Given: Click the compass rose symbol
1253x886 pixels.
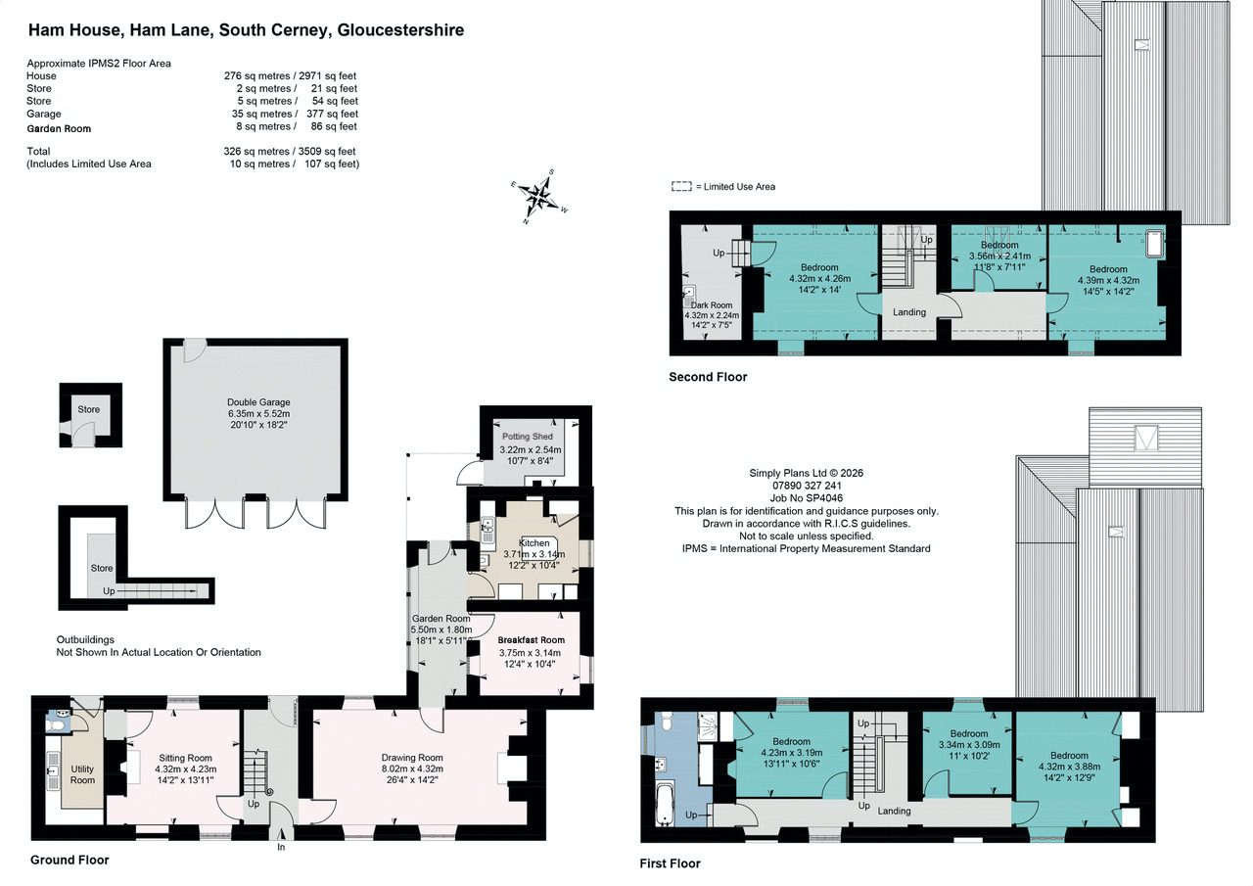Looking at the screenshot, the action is tap(539, 197).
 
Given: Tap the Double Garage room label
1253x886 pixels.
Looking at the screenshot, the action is tap(258, 402).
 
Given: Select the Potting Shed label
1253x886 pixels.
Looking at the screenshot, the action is tap(528, 437).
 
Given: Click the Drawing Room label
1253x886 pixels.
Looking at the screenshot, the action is tap(412, 758).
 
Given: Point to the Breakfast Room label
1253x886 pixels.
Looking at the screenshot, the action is tap(532, 640).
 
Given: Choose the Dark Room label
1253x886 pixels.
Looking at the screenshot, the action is tap(712, 305).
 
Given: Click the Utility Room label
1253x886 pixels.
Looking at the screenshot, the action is tap(83, 774).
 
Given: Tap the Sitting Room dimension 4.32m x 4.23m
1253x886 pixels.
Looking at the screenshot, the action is tap(186, 769).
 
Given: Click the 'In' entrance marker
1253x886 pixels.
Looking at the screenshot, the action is tap(281, 848).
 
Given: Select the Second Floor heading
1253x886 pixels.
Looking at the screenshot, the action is tap(708, 377).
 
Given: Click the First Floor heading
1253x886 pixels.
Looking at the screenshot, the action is tap(671, 863).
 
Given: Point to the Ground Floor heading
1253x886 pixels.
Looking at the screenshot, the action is tap(70, 861).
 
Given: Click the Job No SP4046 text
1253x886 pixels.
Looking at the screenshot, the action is tap(807, 497).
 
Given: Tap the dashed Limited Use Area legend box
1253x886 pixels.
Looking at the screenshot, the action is tap(681, 186).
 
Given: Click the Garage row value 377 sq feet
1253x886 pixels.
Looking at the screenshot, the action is tap(332, 114).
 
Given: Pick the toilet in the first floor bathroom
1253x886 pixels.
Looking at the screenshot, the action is tap(667, 723).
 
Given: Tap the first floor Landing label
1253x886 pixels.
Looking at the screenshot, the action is tap(894, 811).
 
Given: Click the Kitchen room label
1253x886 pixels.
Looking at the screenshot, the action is tap(534, 543).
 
